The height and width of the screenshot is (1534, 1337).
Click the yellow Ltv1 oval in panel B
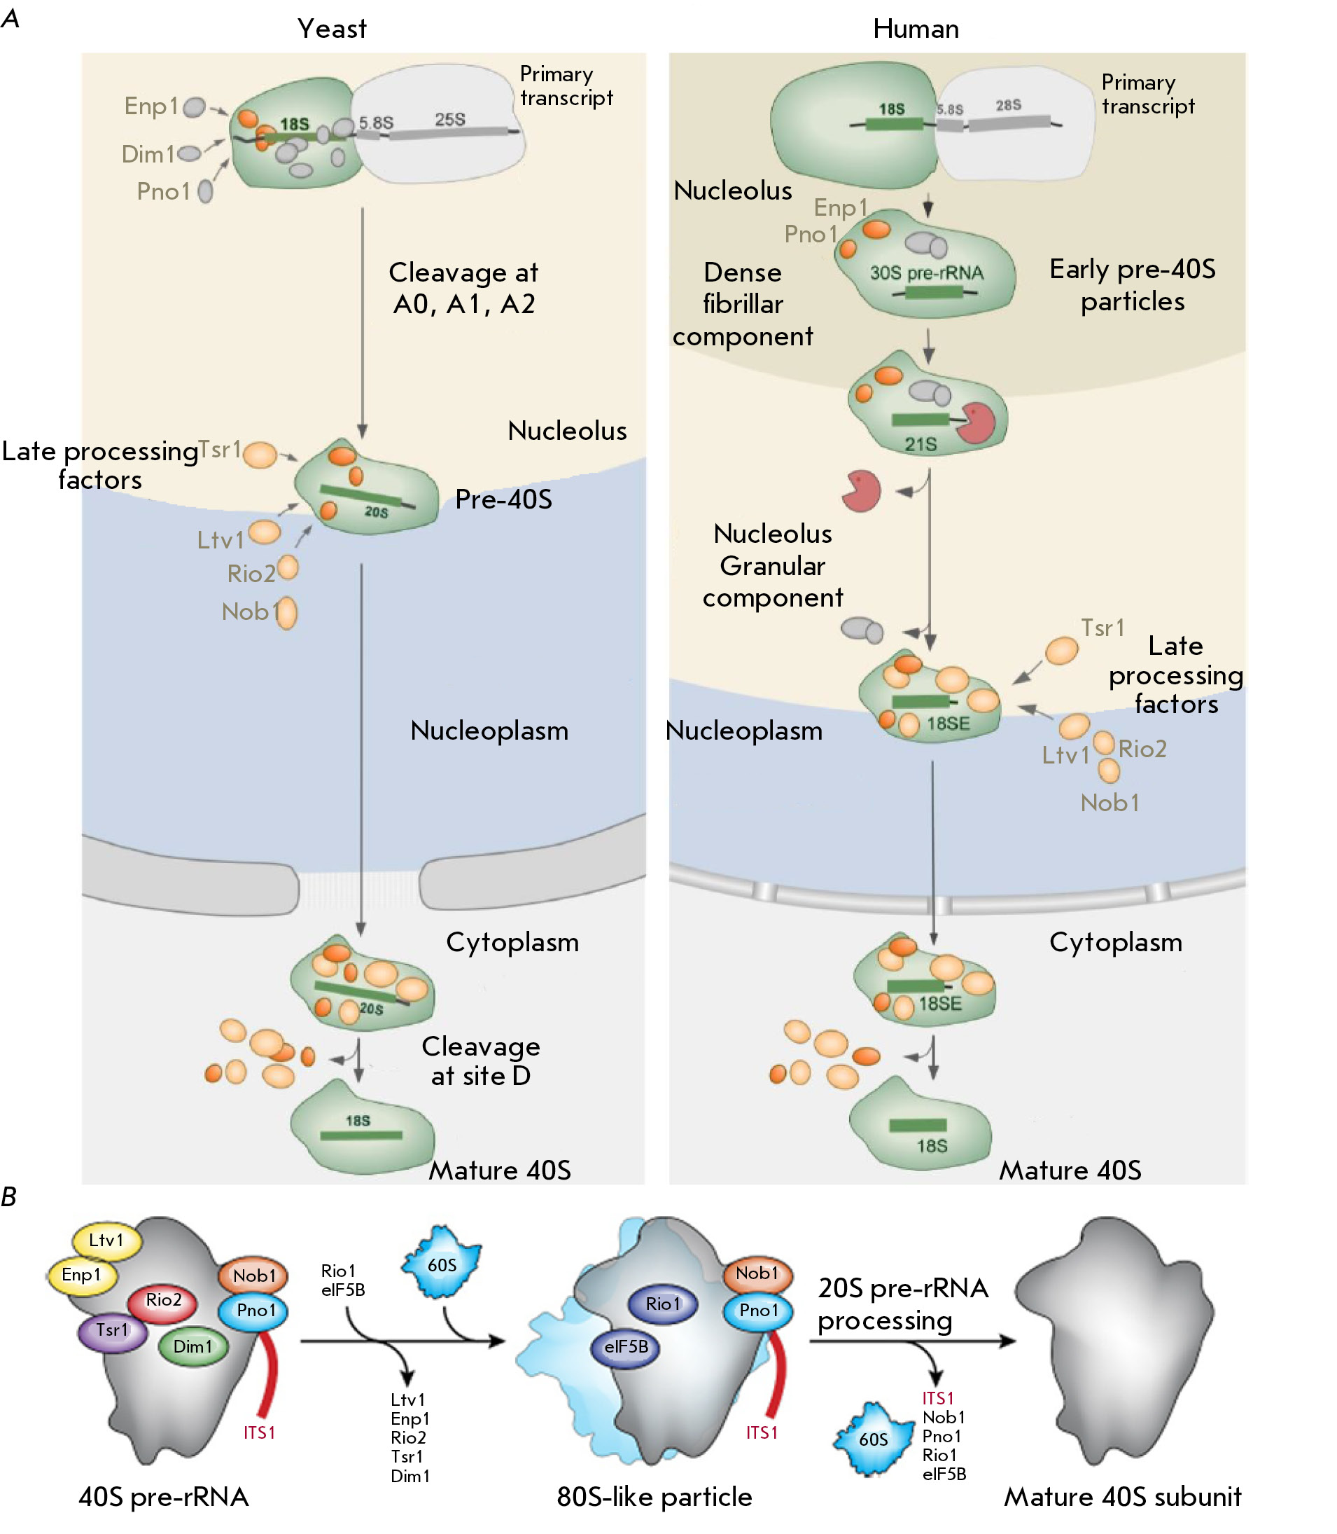(x=106, y=1241)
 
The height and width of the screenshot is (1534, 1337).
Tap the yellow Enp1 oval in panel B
(x=83, y=1275)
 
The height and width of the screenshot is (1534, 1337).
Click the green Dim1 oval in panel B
(x=193, y=1347)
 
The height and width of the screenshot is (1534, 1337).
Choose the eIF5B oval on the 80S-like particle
(x=625, y=1347)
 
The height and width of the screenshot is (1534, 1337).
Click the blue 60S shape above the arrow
(x=442, y=1263)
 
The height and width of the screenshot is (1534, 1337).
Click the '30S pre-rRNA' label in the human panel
(x=927, y=273)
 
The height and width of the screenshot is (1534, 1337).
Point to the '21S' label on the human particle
(x=920, y=444)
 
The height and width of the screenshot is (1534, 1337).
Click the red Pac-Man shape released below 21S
(x=861, y=491)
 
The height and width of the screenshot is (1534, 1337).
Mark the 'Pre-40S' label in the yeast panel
(x=503, y=499)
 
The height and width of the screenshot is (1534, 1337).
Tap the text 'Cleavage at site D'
(x=481, y=1060)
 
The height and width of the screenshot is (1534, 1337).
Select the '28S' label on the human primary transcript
(x=1008, y=105)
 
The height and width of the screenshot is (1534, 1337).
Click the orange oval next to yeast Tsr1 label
(x=260, y=455)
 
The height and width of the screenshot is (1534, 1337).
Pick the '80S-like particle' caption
(x=654, y=1497)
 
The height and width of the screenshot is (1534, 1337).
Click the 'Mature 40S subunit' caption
(x=1122, y=1497)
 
